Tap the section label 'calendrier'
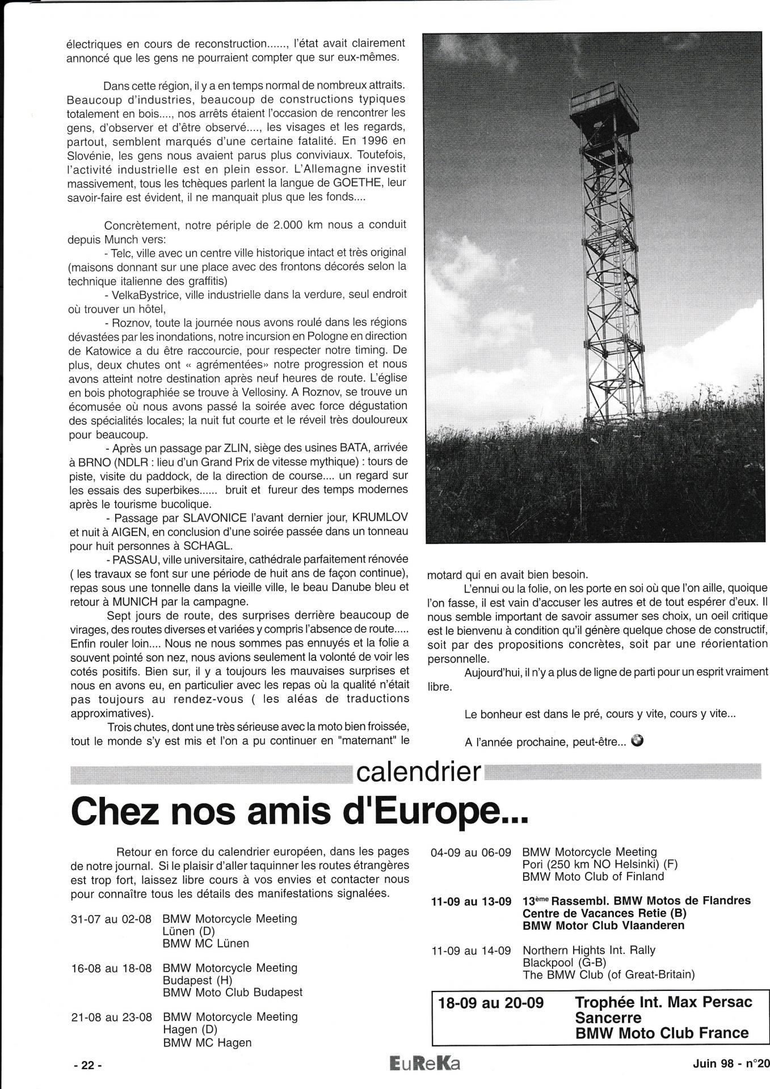click(x=418, y=772)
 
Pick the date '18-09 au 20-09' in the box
click(x=491, y=1002)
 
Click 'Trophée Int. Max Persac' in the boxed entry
click(x=663, y=1002)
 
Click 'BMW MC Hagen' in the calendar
click(x=207, y=1042)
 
